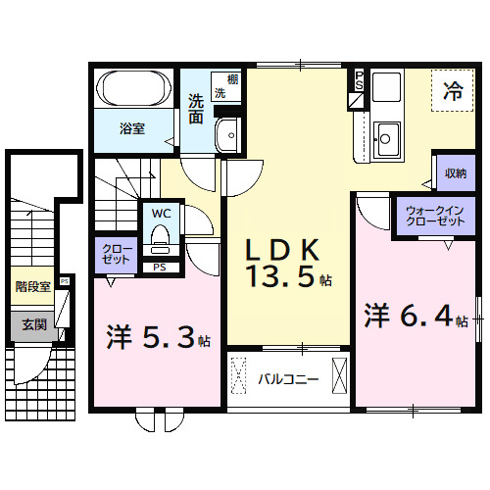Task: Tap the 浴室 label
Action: coord(132,128)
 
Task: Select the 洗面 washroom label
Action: coord(196,109)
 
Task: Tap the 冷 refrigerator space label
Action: coord(454,94)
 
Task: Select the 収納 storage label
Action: coord(455,173)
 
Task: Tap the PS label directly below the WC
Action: coord(160,266)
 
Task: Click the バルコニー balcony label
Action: coord(288,376)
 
